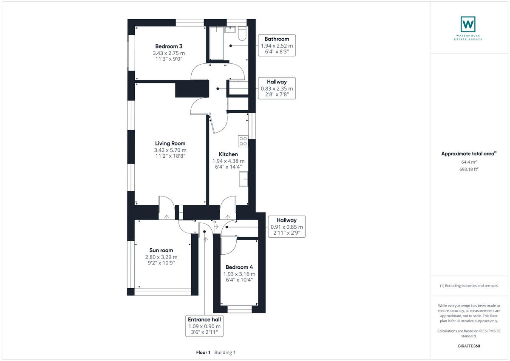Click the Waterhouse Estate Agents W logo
click(468, 24)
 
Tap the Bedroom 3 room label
click(169, 46)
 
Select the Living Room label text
click(170, 143)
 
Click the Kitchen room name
click(228, 154)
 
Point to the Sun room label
click(161, 250)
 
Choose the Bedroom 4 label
click(239, 267)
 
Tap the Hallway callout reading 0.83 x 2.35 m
click(277, 88)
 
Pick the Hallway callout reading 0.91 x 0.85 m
click(286, 227)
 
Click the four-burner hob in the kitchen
click(244, 141)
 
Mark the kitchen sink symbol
click(244, 182)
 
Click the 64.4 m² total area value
click(469, 162)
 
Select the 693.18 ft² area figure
click(469, 169)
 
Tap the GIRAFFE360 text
click(469, 346)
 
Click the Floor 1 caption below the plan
click(203, 352)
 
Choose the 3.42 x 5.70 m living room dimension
click(170, 150)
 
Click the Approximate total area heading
click(467, 154)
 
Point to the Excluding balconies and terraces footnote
click(469, 286)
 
